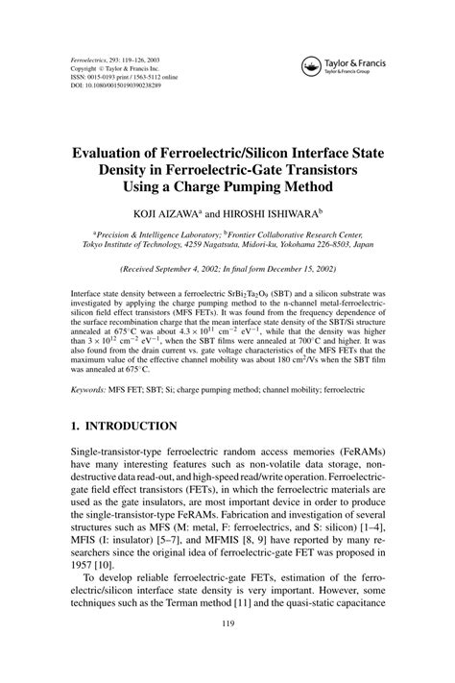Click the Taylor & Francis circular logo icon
point(311,65)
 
